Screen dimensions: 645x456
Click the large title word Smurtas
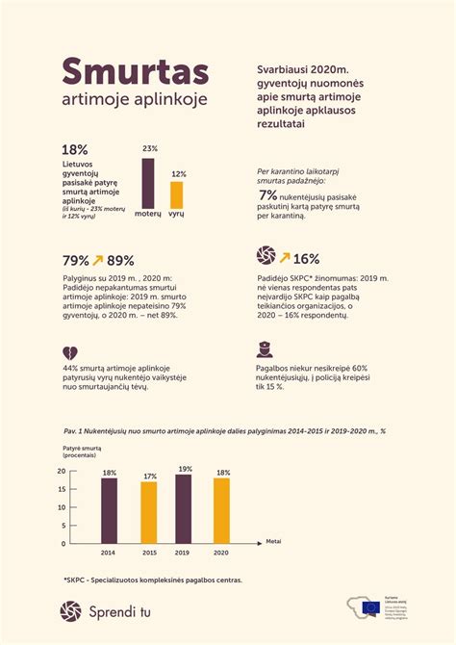135,71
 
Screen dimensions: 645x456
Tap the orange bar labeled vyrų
176,195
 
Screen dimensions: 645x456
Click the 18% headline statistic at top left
75,149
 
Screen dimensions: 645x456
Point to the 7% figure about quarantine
268,195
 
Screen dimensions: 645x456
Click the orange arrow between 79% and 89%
98,260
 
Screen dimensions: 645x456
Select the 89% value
121,260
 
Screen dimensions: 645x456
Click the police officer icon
264,349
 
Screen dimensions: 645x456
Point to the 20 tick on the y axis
61,471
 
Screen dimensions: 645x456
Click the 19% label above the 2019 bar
184,468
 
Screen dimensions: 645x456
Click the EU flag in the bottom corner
370,607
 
